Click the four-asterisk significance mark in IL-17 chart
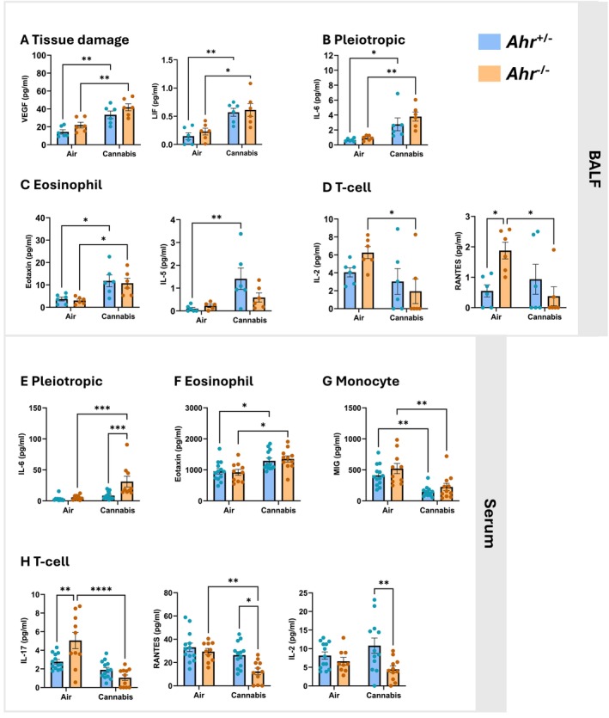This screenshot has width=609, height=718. [106, 588]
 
